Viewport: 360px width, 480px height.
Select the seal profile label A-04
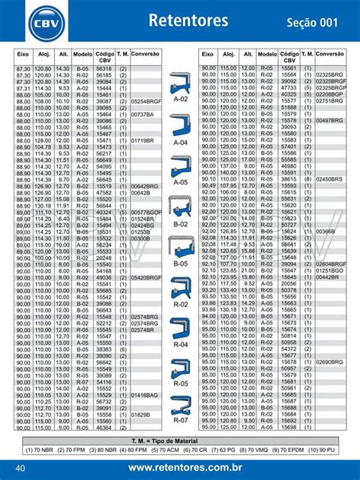180,143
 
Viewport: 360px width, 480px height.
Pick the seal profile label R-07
180,419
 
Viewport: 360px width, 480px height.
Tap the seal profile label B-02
180,225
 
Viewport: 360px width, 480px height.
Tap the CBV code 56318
105,68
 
